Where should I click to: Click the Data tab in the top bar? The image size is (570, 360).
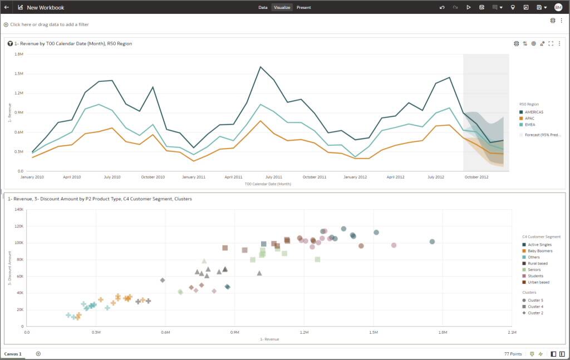[263, 7]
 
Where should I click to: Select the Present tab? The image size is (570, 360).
[303, 7]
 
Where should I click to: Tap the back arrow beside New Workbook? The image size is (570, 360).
[7, 7]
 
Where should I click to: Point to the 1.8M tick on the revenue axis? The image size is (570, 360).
[18, 54]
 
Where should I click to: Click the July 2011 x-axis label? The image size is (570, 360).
[273, 177]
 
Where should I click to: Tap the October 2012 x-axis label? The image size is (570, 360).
[476, 177]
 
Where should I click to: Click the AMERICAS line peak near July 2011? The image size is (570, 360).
[260, 67]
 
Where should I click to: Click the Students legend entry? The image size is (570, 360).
[535, 276]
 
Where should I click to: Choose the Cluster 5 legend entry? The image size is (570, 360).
[535, 300]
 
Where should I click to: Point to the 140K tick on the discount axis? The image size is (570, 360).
[18, 210]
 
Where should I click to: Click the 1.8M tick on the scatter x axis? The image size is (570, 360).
[443, 332]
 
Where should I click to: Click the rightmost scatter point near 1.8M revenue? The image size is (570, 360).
[432, 241]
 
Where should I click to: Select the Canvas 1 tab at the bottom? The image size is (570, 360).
[13, 354]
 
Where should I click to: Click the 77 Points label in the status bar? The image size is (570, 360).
[513, 354]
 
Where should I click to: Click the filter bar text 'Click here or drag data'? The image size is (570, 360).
[49, 24]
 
